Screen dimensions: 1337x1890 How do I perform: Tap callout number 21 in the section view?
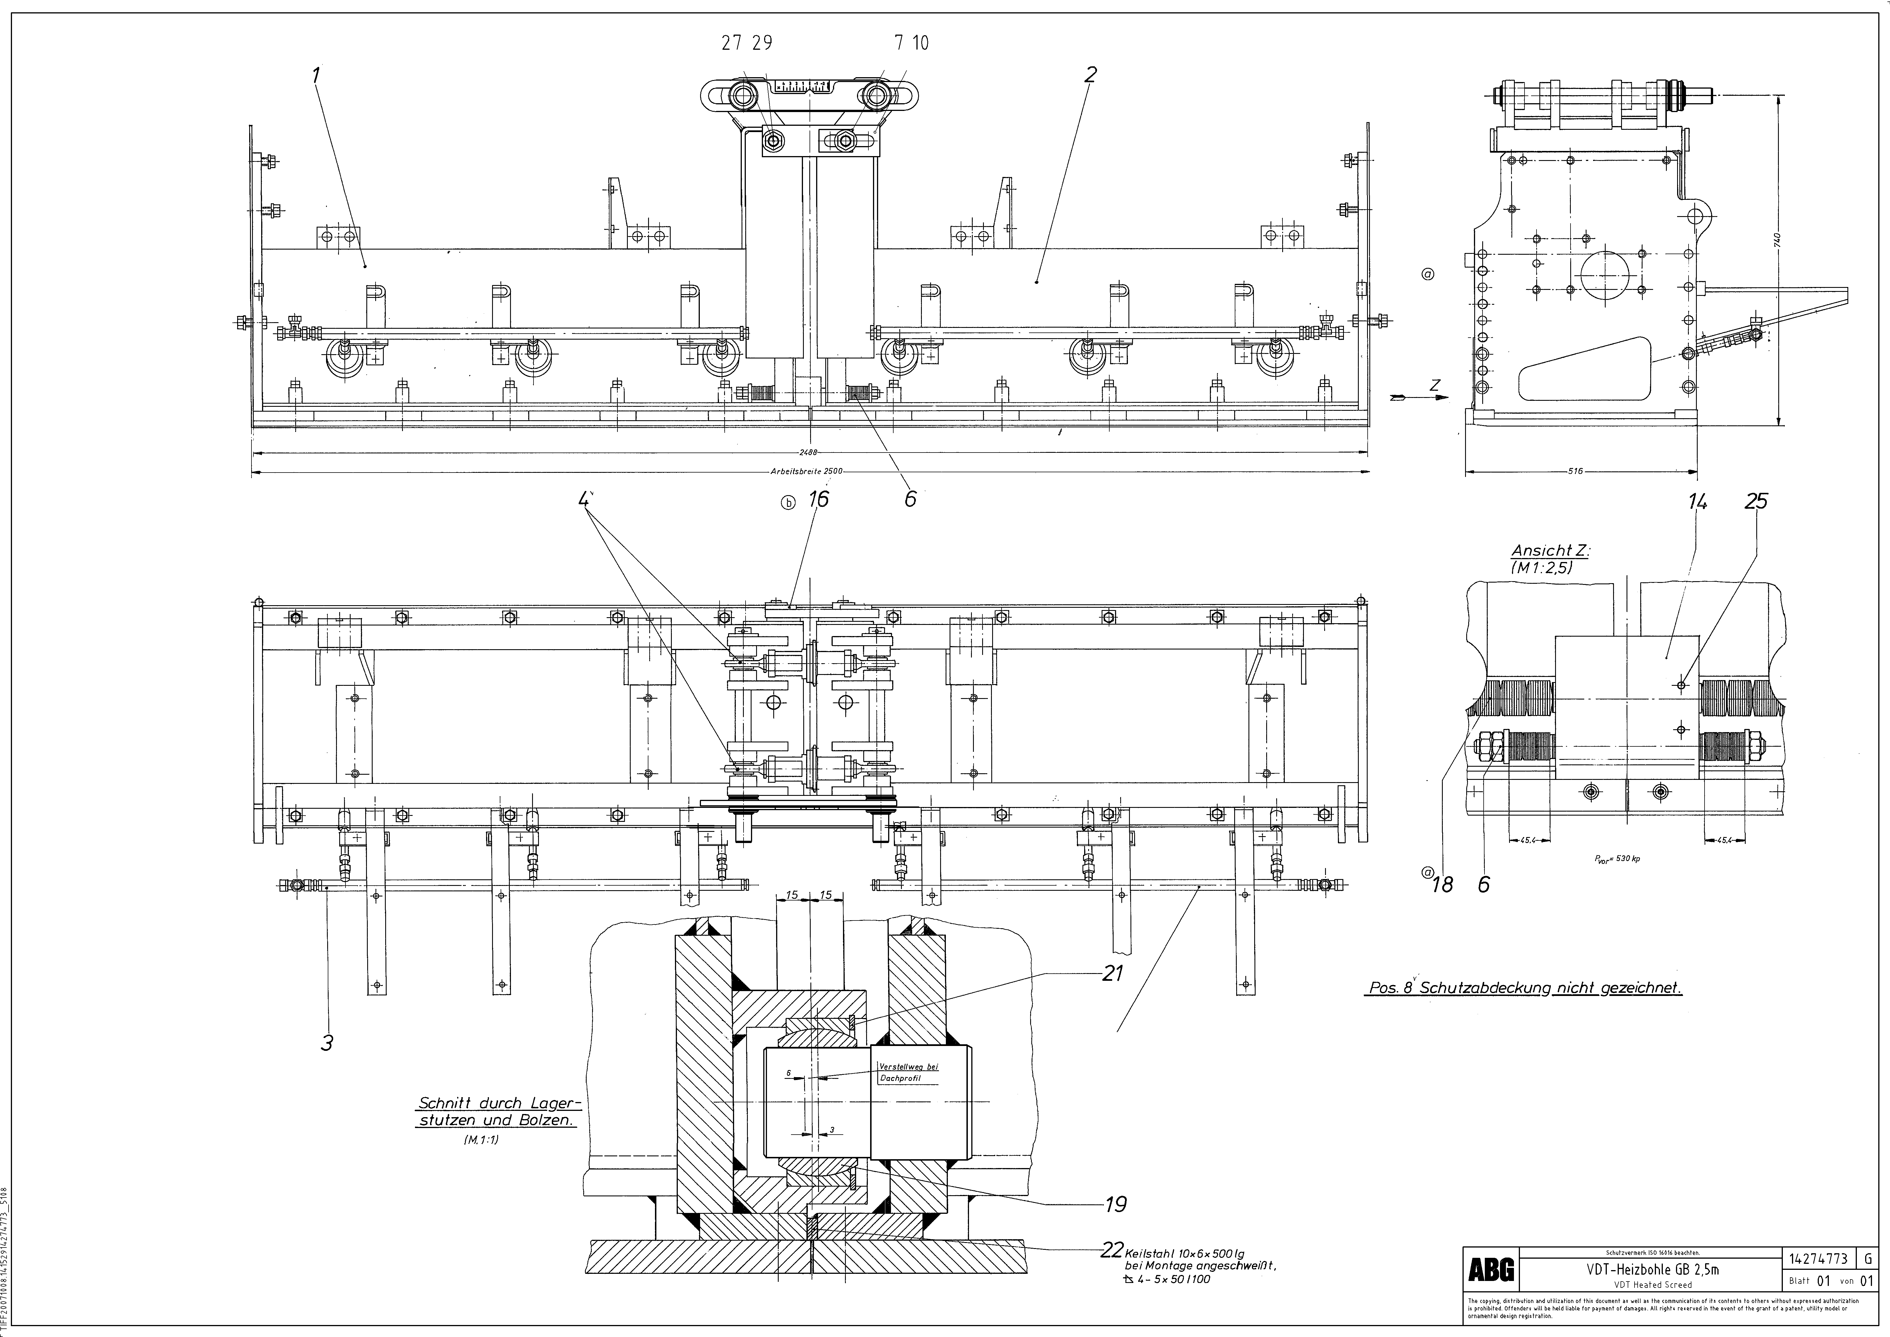pyautogui.click(x=1113, y=974)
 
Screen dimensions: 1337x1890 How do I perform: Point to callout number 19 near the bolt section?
pyautogui.click(x=1115, y=1204)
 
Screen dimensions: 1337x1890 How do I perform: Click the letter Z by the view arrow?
pyautogui.click(x=1435, y=384)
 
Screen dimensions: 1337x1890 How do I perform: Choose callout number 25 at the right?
pyautogui.click(x=1756, y=501)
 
